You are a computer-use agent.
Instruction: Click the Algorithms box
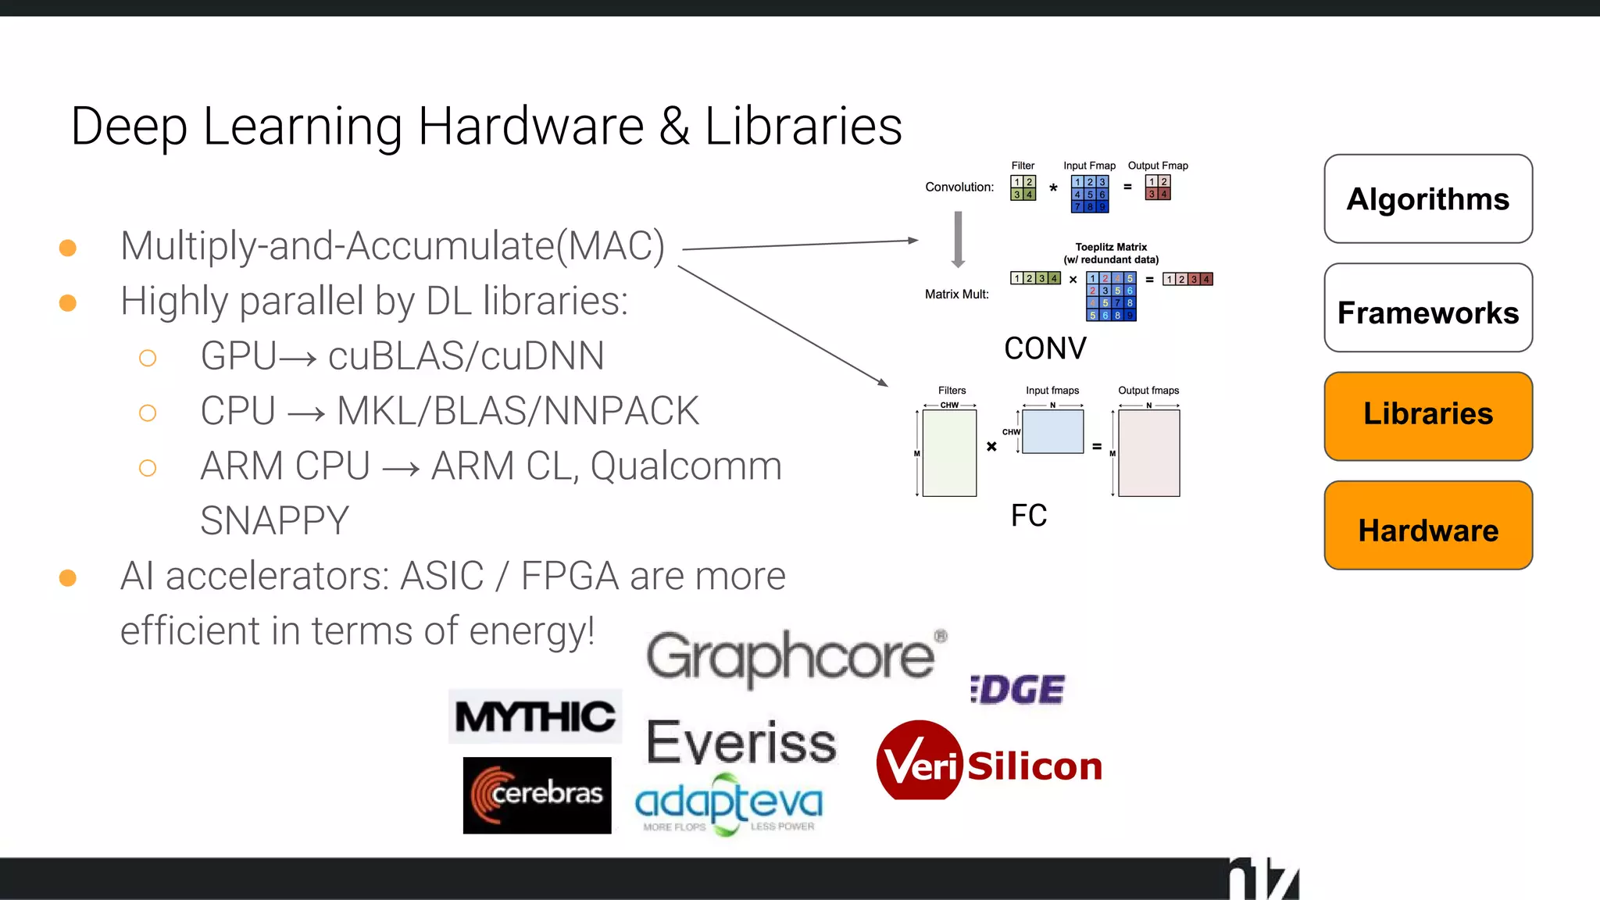[x=1427, y=199]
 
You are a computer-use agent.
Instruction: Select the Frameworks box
[x=1427, y=309]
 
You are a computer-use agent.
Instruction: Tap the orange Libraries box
[x=1427, y=416]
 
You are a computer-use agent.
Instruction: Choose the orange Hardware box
[x=1427, y=526]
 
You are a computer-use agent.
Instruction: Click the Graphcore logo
[x=793, y=656]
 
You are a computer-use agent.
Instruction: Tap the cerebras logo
[x=537, y=795]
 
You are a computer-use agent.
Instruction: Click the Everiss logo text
[x=741, y=742]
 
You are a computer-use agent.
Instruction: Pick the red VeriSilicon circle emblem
[x=918, y=760]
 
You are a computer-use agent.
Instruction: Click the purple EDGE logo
[x=1017, y=690]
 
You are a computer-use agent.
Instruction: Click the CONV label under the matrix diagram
[x=1045, y=348]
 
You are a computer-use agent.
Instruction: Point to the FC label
[x=1028, y=516]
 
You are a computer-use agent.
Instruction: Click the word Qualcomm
[x=685, y=466]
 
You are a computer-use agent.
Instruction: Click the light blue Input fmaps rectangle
[x=1052, y=432]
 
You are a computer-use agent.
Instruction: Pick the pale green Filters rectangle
[x=949, y=453]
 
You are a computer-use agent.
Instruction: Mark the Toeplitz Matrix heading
[x=1110, y=247]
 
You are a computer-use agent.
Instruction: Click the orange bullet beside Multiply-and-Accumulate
[x=68, y=248]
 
